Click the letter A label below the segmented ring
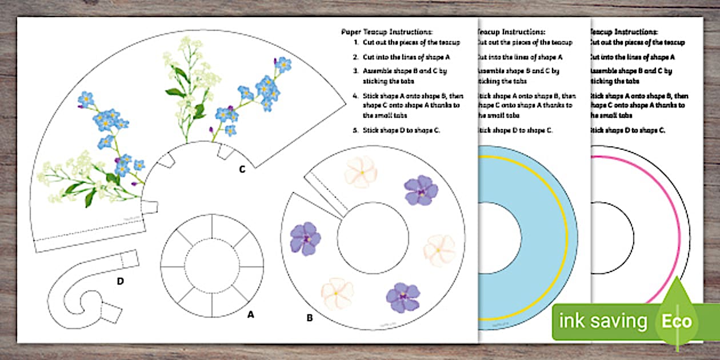pyautogui.click(x=250, y=314)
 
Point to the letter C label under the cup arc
pyautogui.click(x=242, y=169)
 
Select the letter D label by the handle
pyautogui.click(x=121, y=281)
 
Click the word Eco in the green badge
pyautogui.click(x=677, y=321)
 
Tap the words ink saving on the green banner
pyautogui.click(x=603, y=321)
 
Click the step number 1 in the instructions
pyautogui.click(x=356, y=42)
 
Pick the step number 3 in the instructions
pyautogui.click(x=356, y=71)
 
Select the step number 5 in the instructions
pyautogui.click(x=356, y=130)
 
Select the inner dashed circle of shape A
pyautogui.click(x=212, y=267)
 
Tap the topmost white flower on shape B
pyautogui.click(x=361, y=171)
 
